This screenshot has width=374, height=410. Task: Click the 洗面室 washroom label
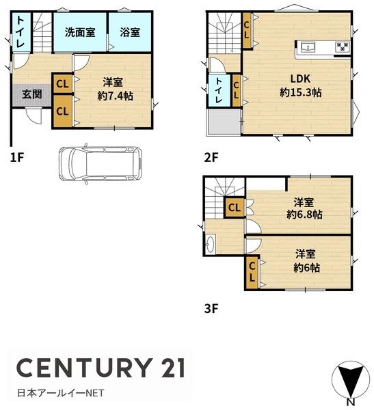(80, 32)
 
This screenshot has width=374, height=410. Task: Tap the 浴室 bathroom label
(130, 32)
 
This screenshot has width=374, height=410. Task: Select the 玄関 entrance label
(32, 94)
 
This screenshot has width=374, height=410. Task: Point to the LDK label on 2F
(300, 79)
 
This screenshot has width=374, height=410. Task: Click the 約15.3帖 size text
(300, 92)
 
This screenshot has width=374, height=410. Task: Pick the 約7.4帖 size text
(115, 96)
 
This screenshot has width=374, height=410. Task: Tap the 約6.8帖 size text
(304, 215)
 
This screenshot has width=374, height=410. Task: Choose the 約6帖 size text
(306, 268)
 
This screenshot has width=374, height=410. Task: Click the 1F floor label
(17, 157)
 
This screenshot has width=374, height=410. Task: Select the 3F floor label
(211, 309)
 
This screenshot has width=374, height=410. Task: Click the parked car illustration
(101, 164)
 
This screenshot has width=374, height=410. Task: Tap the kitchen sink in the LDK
(308, 48)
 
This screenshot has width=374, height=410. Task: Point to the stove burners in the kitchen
(343, 46)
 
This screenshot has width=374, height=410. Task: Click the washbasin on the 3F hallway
(210, 244)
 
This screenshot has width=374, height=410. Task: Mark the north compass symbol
(351, 381)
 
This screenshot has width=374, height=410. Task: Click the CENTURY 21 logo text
(101, 368)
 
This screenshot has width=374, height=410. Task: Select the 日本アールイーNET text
(60, 393)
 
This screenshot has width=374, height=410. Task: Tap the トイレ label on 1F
(21, 32)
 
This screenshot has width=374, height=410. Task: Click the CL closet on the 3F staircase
(235, 208)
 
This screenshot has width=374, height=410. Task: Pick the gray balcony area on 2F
(224, 122)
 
